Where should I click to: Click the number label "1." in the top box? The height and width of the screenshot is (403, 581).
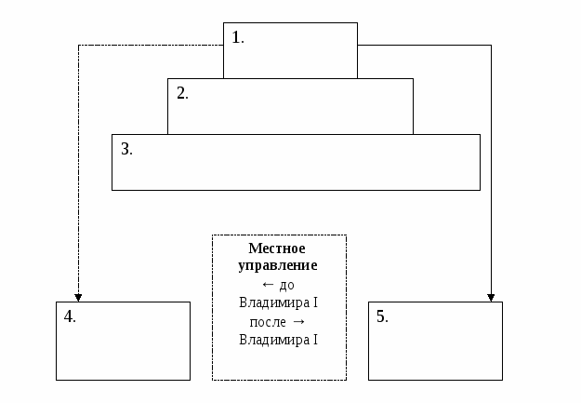click(238, 38)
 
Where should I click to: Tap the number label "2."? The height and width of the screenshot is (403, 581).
click(182, 93)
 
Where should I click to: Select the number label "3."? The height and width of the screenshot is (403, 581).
click(126, 149)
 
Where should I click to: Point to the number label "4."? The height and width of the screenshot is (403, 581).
click(70, 316)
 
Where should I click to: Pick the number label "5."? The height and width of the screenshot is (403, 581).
click(382, 316)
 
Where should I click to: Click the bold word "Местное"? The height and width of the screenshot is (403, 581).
click(278, 249)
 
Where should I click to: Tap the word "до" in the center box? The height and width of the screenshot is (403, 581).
click(286, 285)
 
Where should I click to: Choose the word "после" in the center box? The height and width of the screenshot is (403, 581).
click(268, 322)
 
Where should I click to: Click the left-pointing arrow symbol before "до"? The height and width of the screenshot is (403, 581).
click(269, 285)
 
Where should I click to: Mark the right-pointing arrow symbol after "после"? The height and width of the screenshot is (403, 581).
click(298, 322)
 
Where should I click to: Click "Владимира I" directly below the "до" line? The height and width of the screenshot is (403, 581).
click(278, 303)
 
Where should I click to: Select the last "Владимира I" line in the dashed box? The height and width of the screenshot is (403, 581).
click(278, 340)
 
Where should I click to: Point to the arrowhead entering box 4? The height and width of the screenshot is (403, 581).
click(78, 297)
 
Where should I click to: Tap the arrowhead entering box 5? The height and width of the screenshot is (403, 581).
click(491, 297)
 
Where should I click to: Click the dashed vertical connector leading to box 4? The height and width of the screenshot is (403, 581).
click(78, 168)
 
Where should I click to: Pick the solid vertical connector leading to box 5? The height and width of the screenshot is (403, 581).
click(491, 168)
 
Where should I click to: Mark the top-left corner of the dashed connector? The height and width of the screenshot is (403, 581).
click(78, 45)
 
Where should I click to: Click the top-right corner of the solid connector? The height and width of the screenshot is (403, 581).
click(491, 45)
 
